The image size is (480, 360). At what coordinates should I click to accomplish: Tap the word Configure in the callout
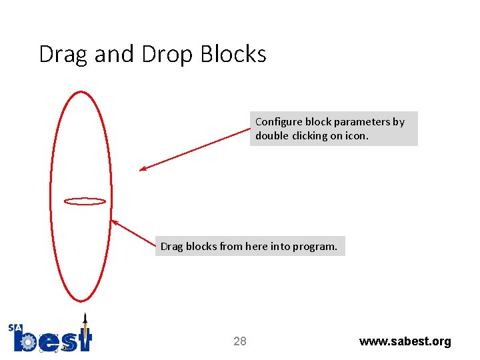tap(279, 122)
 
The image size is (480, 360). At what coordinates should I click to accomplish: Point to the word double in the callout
tap(271, 136)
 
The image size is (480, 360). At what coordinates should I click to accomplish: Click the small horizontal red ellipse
tap(85, 201)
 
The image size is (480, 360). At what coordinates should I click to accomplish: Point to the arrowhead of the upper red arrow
tap(142, 169)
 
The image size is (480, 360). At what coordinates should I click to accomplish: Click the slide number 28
tap(240, 342)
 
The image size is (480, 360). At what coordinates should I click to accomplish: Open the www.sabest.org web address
tap(405, 342)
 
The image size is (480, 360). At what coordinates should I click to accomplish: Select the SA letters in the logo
tap(15, 328)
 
